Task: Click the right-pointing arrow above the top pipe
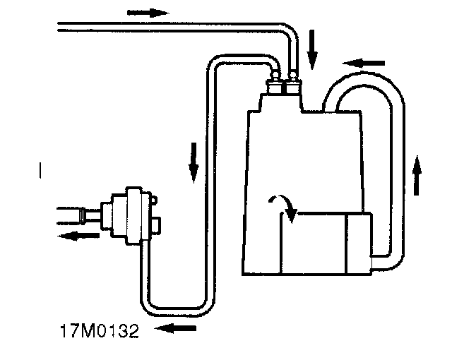[x=148, y=12]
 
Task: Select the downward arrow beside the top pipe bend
[x=313, y=47]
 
